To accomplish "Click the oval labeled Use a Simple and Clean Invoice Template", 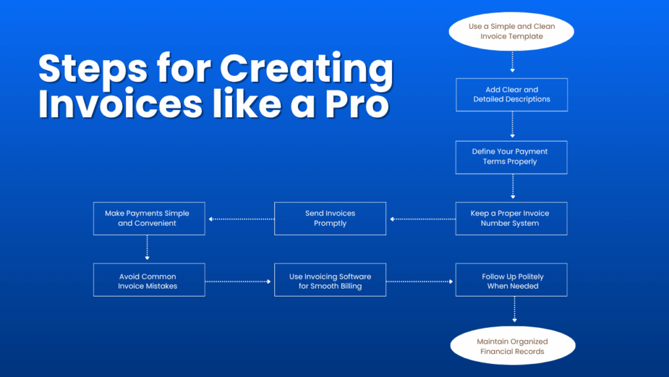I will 512,31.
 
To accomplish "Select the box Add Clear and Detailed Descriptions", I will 512,95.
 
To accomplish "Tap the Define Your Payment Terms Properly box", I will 512,157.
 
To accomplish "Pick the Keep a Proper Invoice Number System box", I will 512,219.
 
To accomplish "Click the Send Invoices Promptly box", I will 330,219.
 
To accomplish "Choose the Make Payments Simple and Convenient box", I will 149,219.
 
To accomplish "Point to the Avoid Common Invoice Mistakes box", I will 149,280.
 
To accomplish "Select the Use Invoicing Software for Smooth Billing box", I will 330,280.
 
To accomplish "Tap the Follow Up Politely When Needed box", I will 512,280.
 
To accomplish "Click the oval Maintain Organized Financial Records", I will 512,346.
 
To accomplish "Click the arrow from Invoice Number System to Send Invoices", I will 421,219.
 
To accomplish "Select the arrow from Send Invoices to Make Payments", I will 240,219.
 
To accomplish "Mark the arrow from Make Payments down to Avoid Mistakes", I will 148,249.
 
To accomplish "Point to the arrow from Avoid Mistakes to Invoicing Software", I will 239,281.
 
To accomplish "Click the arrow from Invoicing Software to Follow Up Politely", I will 420,281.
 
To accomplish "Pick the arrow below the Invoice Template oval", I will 513,62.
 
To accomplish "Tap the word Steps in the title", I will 93,71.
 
